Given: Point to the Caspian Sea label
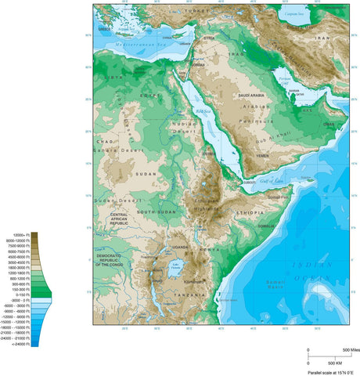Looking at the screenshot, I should tap(295, 15).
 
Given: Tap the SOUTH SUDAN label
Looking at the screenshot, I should tap(153, 211).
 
